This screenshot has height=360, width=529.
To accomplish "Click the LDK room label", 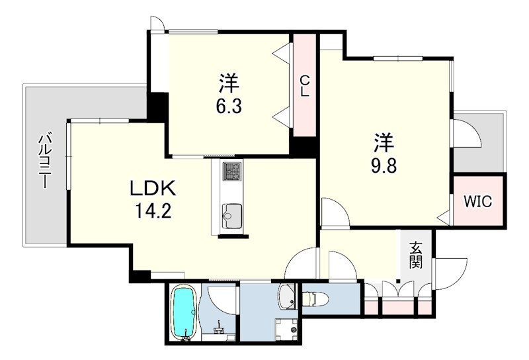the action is point(153,189).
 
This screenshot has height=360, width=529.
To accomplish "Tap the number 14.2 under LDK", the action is point(153,211).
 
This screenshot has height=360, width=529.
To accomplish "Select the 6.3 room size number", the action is point(229,107).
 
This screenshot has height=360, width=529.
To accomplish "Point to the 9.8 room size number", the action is point(384,165).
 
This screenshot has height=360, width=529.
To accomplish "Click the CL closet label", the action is point(305,86).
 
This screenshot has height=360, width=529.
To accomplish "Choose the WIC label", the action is point(477,202).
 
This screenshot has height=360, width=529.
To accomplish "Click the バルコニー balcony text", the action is point(44,161).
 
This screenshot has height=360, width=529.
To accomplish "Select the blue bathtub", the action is point(184,310).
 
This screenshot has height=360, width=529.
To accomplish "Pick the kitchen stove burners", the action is point(231,171).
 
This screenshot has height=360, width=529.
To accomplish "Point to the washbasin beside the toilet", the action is point(286,296).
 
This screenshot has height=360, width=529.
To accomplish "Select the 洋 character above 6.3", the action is point(229,83).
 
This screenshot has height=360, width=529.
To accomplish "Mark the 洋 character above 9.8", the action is point(384,142).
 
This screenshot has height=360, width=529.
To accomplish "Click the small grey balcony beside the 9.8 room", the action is point(479,141).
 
